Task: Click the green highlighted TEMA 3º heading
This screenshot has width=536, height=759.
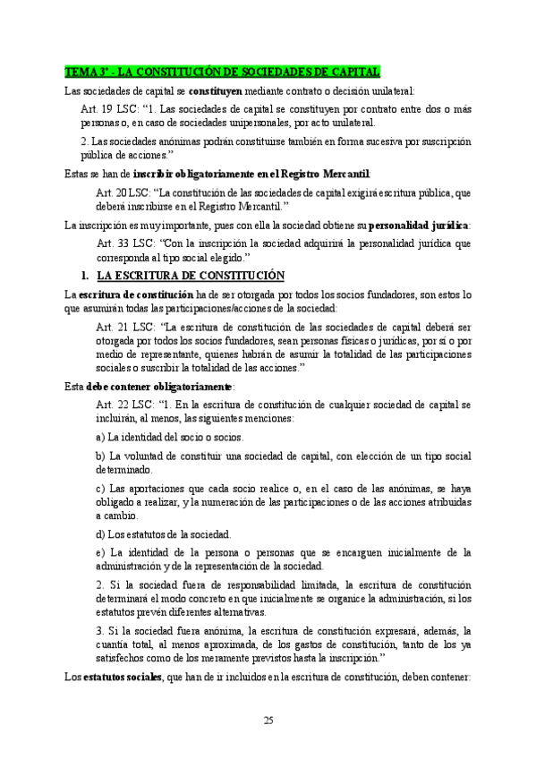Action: [x=224, y=72]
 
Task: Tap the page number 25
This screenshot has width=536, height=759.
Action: [x=268, y=721]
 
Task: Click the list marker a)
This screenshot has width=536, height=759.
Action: [x=100, y=437]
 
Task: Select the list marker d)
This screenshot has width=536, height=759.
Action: [x=100, y=533]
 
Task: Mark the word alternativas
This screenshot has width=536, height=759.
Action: [x=238, y=612]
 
